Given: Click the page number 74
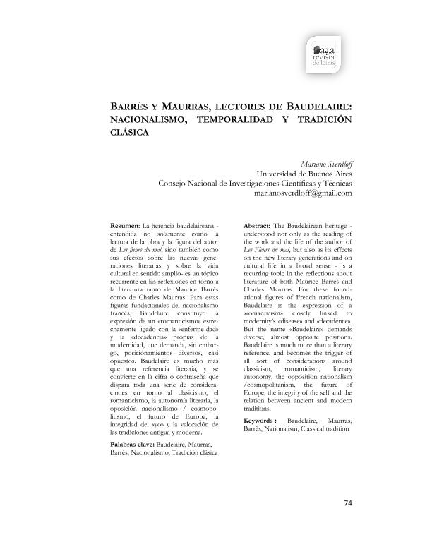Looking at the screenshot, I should (x=347, y=503).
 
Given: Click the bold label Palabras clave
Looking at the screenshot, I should (x=132, y=444).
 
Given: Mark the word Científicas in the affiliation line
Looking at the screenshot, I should (x=289, y=182).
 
